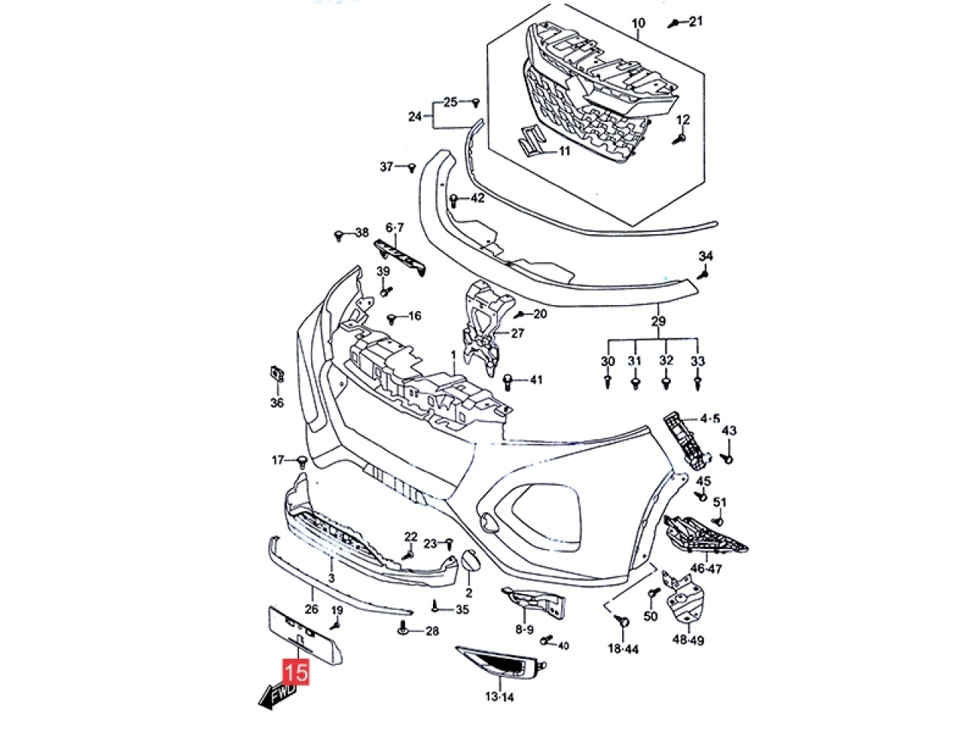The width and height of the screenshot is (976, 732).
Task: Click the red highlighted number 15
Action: pos(296,673)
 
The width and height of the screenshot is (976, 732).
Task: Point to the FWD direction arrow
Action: pos(278,695)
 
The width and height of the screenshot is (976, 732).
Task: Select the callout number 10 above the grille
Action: pos(638,24)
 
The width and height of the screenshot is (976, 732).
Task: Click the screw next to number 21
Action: pos(674,23)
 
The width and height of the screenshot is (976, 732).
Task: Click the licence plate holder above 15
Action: pos(302,634)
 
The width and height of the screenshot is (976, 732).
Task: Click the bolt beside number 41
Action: pos(509,379)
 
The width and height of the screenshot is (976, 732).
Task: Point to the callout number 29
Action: pos(658,321)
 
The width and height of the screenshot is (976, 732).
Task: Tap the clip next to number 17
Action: pos(301,461)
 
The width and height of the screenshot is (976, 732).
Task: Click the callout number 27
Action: pos(518,333)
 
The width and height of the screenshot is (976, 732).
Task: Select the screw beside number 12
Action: pos(680,139)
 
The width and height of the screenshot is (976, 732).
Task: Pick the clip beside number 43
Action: pos(727,459)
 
